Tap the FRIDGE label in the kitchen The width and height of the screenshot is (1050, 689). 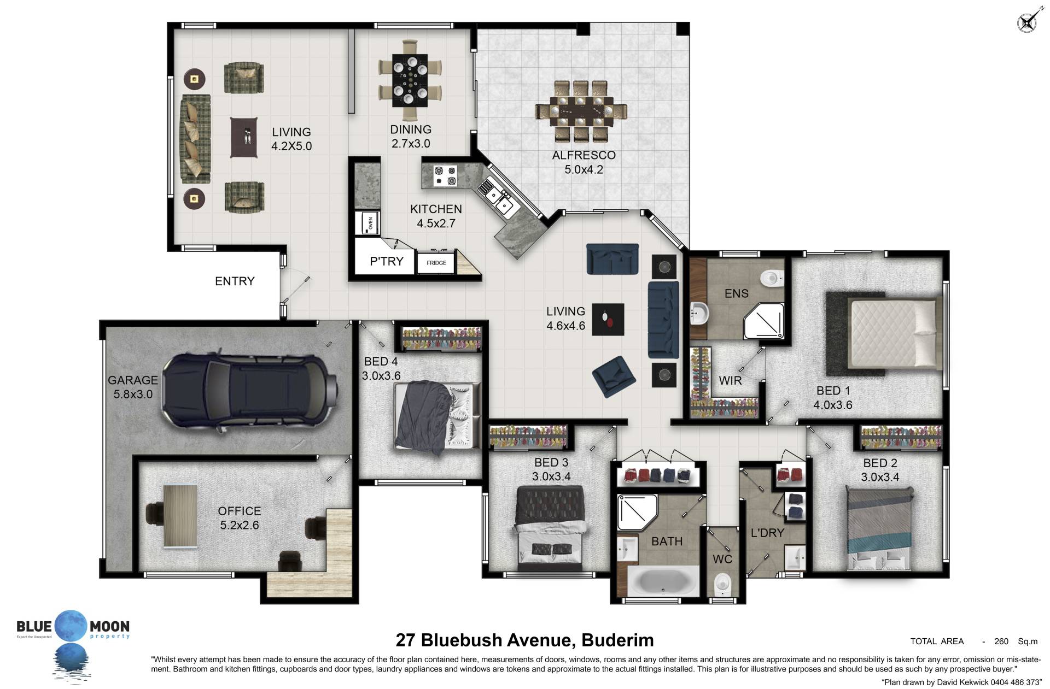point(436,263)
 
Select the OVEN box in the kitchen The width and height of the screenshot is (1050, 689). point(367,223)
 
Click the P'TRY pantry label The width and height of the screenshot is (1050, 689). point(387,261)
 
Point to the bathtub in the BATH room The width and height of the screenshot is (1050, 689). point(663,582)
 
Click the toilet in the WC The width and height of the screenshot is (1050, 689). point(723,585)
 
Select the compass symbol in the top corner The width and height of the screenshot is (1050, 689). point(1026,22)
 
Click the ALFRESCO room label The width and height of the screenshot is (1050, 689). point(584,155)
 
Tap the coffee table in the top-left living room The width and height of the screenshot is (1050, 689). point(243,137)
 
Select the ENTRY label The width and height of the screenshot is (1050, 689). point(235,281)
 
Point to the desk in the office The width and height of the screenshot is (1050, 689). point(180,516)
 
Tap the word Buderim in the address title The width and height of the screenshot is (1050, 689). point(617,640)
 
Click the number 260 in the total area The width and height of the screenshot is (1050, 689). point(1001,641)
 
